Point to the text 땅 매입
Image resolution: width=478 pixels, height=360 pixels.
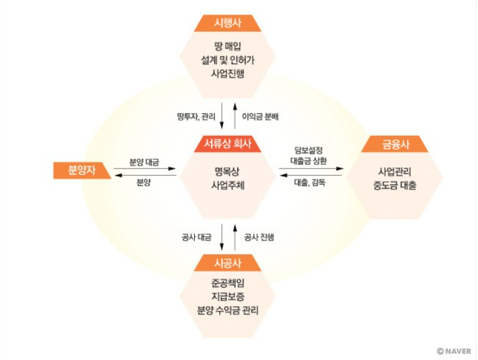(228, 46)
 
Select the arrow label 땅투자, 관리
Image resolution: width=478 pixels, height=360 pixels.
(196, 117)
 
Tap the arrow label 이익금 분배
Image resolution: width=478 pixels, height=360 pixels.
(260, 117)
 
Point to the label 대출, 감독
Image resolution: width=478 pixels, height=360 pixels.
(310, 183)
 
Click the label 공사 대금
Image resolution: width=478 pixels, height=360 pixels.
(198, 237)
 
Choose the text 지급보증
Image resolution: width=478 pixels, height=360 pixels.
(228, 297)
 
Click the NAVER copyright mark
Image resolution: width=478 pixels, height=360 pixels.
(454, 351)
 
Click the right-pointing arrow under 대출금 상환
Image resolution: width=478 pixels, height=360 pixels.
(311, 169)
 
